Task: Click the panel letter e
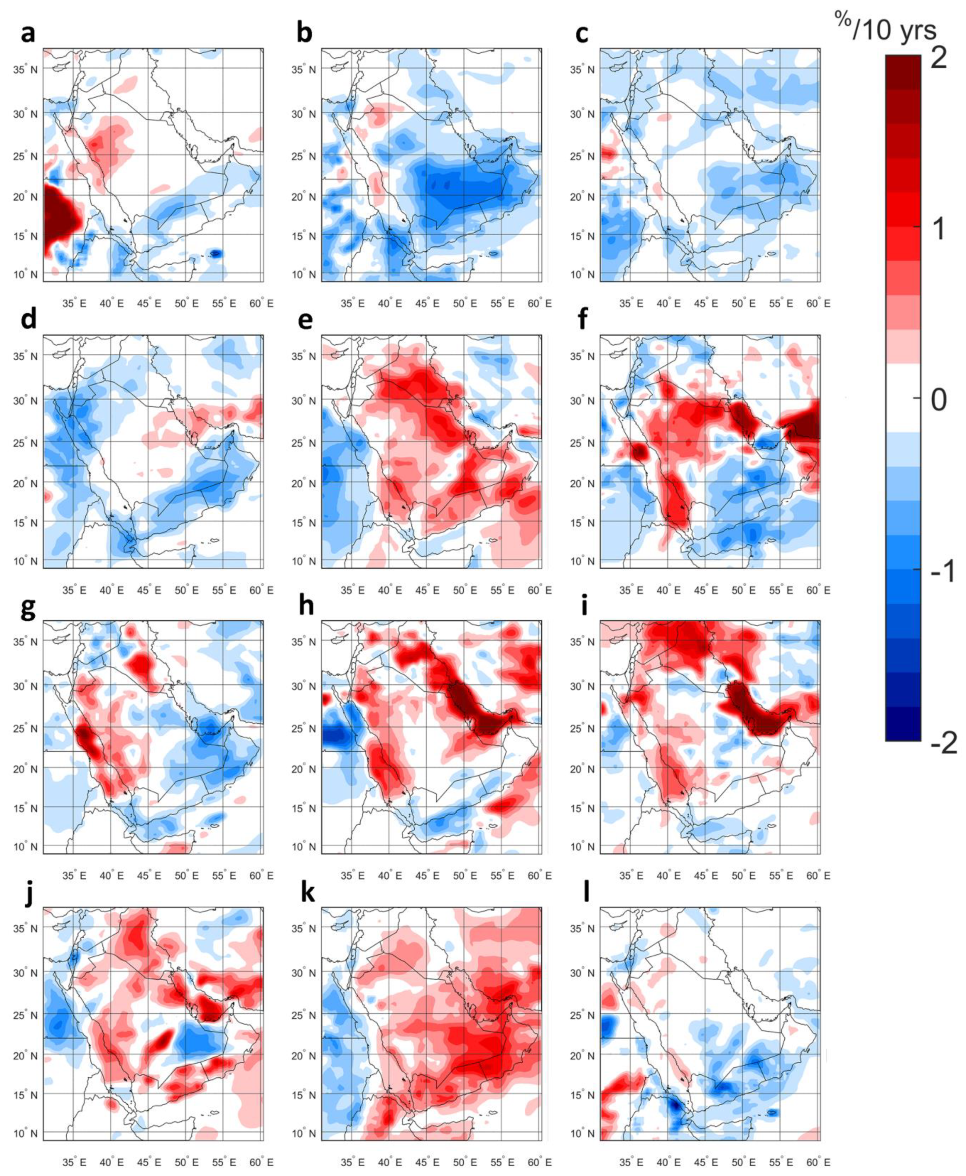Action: coord(305,321)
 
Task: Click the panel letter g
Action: coord(28,608)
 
